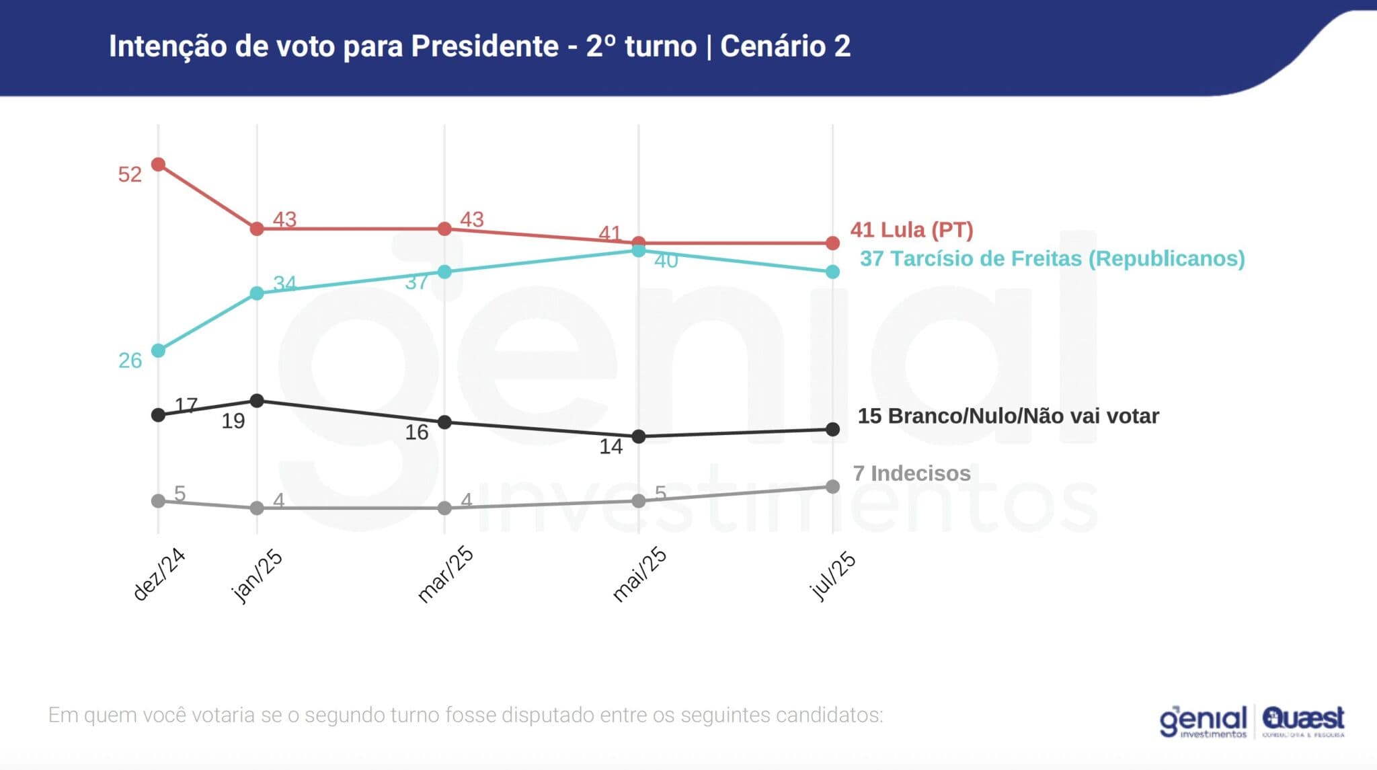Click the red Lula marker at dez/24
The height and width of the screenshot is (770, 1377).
159,165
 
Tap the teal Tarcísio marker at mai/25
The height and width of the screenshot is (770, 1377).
639,250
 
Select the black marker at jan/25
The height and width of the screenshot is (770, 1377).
257,401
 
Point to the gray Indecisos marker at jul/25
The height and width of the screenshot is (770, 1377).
832,486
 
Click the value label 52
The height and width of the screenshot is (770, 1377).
130,175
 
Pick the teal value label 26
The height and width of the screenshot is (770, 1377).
130,361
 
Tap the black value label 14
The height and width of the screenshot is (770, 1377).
611,447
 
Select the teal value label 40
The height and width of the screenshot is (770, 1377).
666,261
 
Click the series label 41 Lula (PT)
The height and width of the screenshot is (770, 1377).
911,230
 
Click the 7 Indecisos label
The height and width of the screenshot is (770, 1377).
911,473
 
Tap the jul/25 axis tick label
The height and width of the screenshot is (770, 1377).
833,575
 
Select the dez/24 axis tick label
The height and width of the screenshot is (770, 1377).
159,574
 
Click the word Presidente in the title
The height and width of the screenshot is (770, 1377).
484,46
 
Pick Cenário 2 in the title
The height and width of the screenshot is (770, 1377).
785,46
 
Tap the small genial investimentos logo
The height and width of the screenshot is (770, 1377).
1203,722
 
